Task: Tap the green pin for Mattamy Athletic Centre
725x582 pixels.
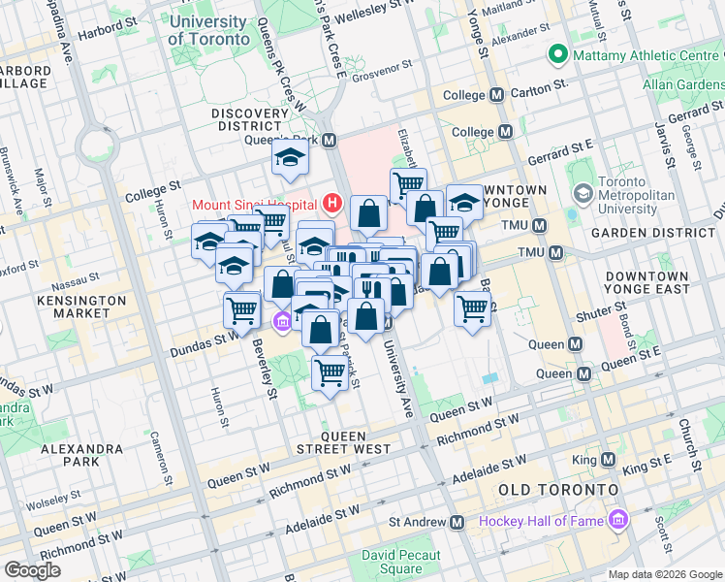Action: [x=556, y=54]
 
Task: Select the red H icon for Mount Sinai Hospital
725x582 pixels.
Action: [x=333, y=204]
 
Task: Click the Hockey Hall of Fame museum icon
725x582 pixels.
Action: [x=617, y=522]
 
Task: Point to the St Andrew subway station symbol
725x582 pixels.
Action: [x=456, y=522]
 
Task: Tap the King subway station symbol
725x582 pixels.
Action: [x=608, y=459]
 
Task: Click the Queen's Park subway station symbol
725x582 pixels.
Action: [x=330, y=141]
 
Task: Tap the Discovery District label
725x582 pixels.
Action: [x=251, y=120]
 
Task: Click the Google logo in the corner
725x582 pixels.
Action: [x=32, y=570]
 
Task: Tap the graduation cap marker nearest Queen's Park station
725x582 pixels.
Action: [x=289, y=160]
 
